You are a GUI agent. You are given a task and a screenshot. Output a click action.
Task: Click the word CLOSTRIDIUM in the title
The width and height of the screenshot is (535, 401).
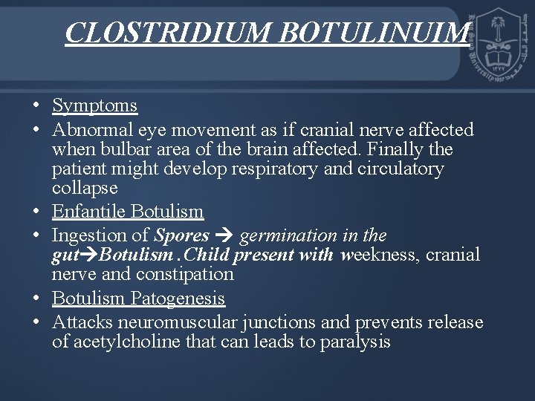[x=155, y=33]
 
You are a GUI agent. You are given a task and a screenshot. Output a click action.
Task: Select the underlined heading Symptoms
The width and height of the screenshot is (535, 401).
[x=94, y=106]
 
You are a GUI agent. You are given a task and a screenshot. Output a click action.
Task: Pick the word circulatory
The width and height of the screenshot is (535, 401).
[x=401, y=169]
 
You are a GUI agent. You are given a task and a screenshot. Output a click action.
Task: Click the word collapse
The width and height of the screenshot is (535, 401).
[x=85, y=188]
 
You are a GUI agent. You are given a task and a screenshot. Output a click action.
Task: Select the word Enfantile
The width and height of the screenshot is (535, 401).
[x=88, y=212]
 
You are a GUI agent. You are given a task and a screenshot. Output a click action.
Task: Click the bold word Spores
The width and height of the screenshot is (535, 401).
[x=181, y=236]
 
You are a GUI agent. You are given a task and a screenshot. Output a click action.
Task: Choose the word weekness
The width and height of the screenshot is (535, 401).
[x=382, y=255]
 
